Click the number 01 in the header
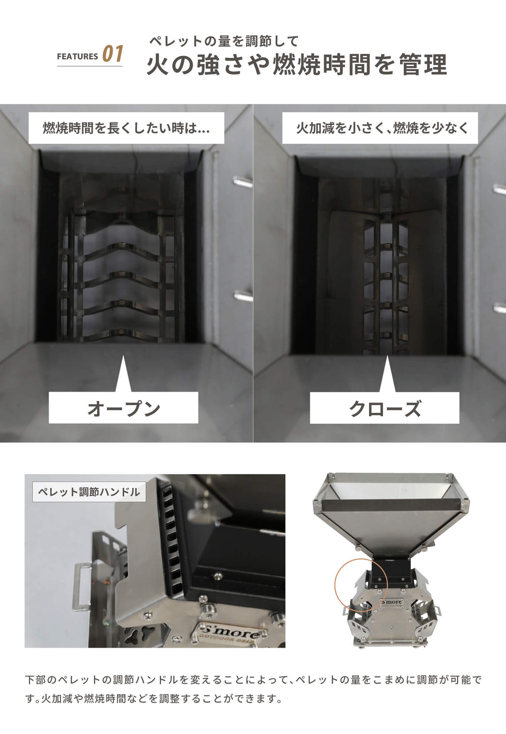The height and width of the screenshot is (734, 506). click(113, 54)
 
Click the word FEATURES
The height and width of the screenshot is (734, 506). click(77, 56)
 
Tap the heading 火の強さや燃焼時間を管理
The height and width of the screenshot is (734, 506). click(296, 65)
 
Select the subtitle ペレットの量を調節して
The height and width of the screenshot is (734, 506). click(224, 41)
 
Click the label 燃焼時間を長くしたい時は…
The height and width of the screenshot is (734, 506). click(126, 128)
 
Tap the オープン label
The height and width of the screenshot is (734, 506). click(124, 408)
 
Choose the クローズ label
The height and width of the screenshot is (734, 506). click(385, 408)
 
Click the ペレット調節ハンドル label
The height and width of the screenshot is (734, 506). click(89, 492)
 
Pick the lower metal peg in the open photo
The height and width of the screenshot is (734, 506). click(243, 296)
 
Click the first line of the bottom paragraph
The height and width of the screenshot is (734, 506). click(253, 680)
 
